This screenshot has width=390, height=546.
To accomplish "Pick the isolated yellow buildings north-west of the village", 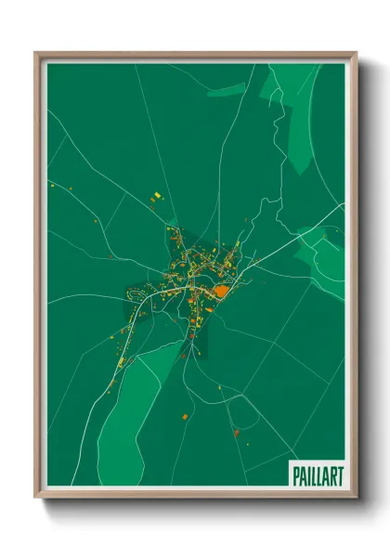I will pyautogui.click(x=156, y=195).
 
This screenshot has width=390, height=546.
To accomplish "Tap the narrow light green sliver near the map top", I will pyautogui.click(x=228, y=90).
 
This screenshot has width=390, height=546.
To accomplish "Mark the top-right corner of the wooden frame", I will pyautogui.click(x=356, y=54).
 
